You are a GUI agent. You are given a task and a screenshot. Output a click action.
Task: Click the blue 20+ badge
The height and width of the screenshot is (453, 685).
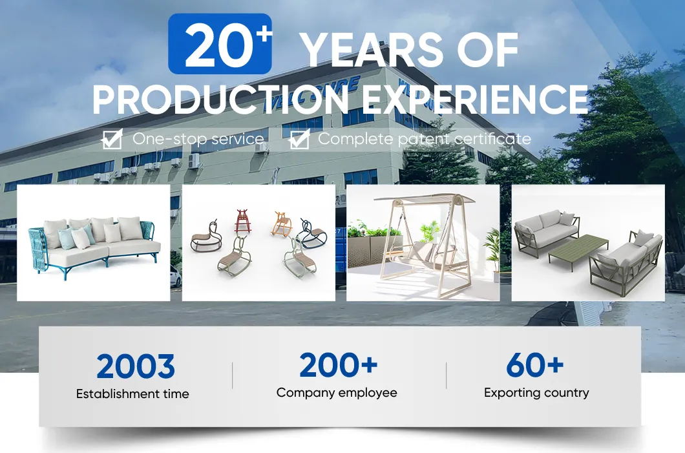[220, 44]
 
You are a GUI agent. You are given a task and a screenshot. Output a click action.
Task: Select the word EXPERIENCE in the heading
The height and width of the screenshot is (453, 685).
[475, 99]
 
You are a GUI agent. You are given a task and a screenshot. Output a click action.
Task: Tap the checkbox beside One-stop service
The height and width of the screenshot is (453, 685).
[112, 139]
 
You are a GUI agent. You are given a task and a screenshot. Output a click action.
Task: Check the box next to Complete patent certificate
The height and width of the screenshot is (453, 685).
[300, 139]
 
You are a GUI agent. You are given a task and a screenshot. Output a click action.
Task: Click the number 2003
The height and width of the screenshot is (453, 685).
[136, 366]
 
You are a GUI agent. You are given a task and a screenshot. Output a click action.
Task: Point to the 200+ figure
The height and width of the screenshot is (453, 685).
[338, 365]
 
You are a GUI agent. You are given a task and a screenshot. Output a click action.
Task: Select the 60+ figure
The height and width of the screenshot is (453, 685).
[534, 365]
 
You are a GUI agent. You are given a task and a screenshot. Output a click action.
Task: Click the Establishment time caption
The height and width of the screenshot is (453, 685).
[132, 394]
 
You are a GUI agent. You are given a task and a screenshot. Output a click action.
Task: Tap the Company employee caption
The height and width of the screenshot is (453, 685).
[337, 393]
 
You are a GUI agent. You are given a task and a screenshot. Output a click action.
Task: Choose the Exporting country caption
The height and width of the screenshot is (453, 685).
[536, 393]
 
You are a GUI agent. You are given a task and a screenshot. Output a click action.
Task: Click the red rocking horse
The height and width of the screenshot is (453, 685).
[243, 220]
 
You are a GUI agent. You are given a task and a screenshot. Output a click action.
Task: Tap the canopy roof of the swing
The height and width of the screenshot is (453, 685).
[424, 200]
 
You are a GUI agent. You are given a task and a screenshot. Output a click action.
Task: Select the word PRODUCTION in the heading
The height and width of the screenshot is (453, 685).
[220, 99]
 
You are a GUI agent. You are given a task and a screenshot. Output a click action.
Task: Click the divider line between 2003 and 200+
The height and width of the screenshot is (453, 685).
[233, 375]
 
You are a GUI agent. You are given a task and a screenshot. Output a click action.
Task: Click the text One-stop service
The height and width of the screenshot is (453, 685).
[198, 139]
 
